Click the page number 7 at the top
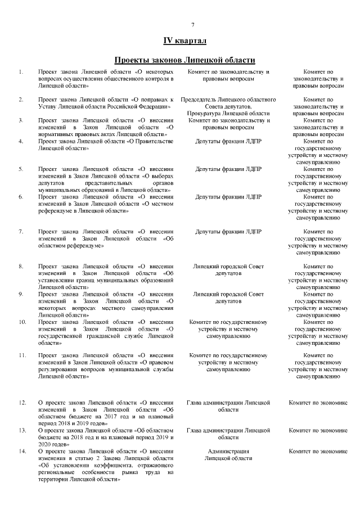[192, 25]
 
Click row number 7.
[21, 231]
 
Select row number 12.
[22, 403]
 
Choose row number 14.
[22, 452]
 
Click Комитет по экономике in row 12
[318, 403]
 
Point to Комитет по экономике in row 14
[318, 452]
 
